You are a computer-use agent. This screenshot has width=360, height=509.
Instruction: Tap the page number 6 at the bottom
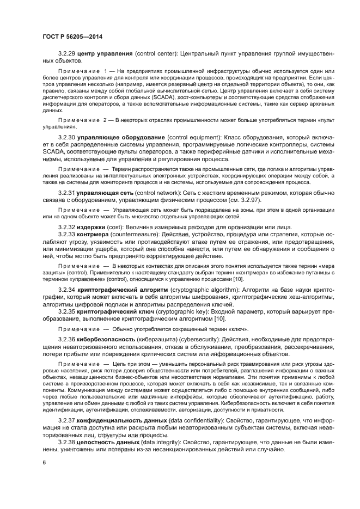pos(44,462)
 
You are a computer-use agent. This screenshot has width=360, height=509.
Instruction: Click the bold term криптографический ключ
pos(114,312)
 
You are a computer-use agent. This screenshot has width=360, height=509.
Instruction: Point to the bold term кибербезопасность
pos(106,339)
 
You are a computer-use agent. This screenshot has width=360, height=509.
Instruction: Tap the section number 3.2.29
pos(66,54)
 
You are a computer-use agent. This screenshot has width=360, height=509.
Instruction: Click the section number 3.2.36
pos(66,339)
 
